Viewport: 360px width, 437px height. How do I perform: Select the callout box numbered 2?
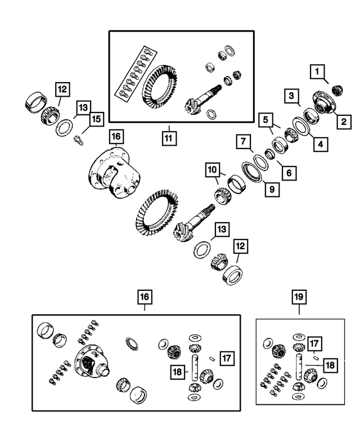click(x=342, y=120)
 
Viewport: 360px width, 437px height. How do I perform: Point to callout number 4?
click(x=319, y=145)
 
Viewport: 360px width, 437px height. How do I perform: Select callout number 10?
click(x=211, y=169)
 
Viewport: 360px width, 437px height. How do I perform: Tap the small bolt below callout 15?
click(x=79, y=138)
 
